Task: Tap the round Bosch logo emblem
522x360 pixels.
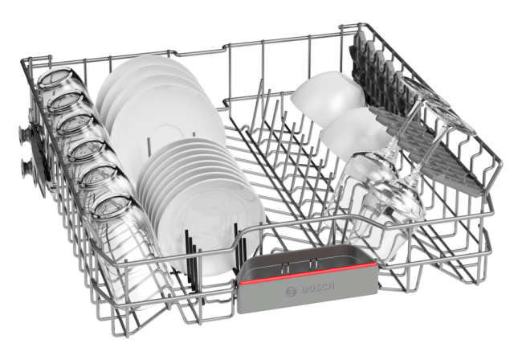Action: tap(291, 291)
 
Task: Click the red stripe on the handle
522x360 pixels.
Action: tap(307, 272)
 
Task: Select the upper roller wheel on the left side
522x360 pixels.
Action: tap(24, 133)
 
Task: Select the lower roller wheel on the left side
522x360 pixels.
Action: tap(26, 168)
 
